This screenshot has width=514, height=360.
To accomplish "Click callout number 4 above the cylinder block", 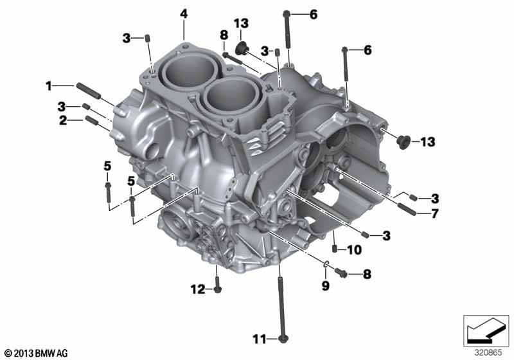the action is point(184,14).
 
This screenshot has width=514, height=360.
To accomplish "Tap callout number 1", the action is point(49,86).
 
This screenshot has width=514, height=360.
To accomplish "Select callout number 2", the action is point(63,120).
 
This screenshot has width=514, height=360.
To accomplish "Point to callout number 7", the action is point(435,213).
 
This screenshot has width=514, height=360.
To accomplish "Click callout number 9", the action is point(325,285).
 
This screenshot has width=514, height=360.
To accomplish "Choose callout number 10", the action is point(355,250).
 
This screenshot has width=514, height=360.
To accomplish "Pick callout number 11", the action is point(260,339).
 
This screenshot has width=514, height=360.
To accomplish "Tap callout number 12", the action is point(198,289).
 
